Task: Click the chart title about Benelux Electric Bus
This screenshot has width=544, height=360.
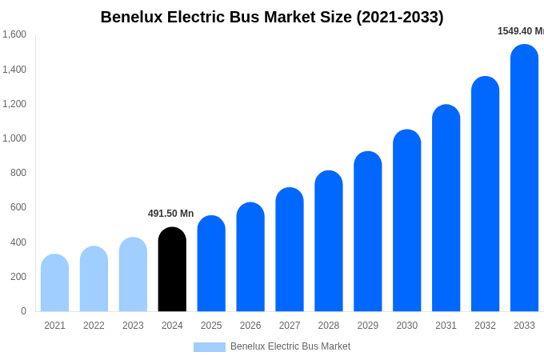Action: pos(272,17)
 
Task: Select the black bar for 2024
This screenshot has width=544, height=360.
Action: pos(172,270)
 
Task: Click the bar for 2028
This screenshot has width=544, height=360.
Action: pos(329,242)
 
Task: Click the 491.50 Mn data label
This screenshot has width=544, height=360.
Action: pos(170,214)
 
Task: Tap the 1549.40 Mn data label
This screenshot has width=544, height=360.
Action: pos(520,31)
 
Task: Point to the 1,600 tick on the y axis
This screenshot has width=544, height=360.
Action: pos(14,34)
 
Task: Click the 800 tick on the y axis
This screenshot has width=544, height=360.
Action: pos(18,173)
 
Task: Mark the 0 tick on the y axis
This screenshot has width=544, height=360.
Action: pos(23,311)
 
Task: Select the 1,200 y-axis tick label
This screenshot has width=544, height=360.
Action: pos(14,104)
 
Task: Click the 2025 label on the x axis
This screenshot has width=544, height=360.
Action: pos(211,326)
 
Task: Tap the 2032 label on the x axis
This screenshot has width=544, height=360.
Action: pos(485,326)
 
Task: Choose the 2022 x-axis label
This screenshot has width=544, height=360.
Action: pos(94,326)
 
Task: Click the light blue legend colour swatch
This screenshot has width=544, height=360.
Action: pos(210,346)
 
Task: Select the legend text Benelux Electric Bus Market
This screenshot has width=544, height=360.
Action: pos(290,346)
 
